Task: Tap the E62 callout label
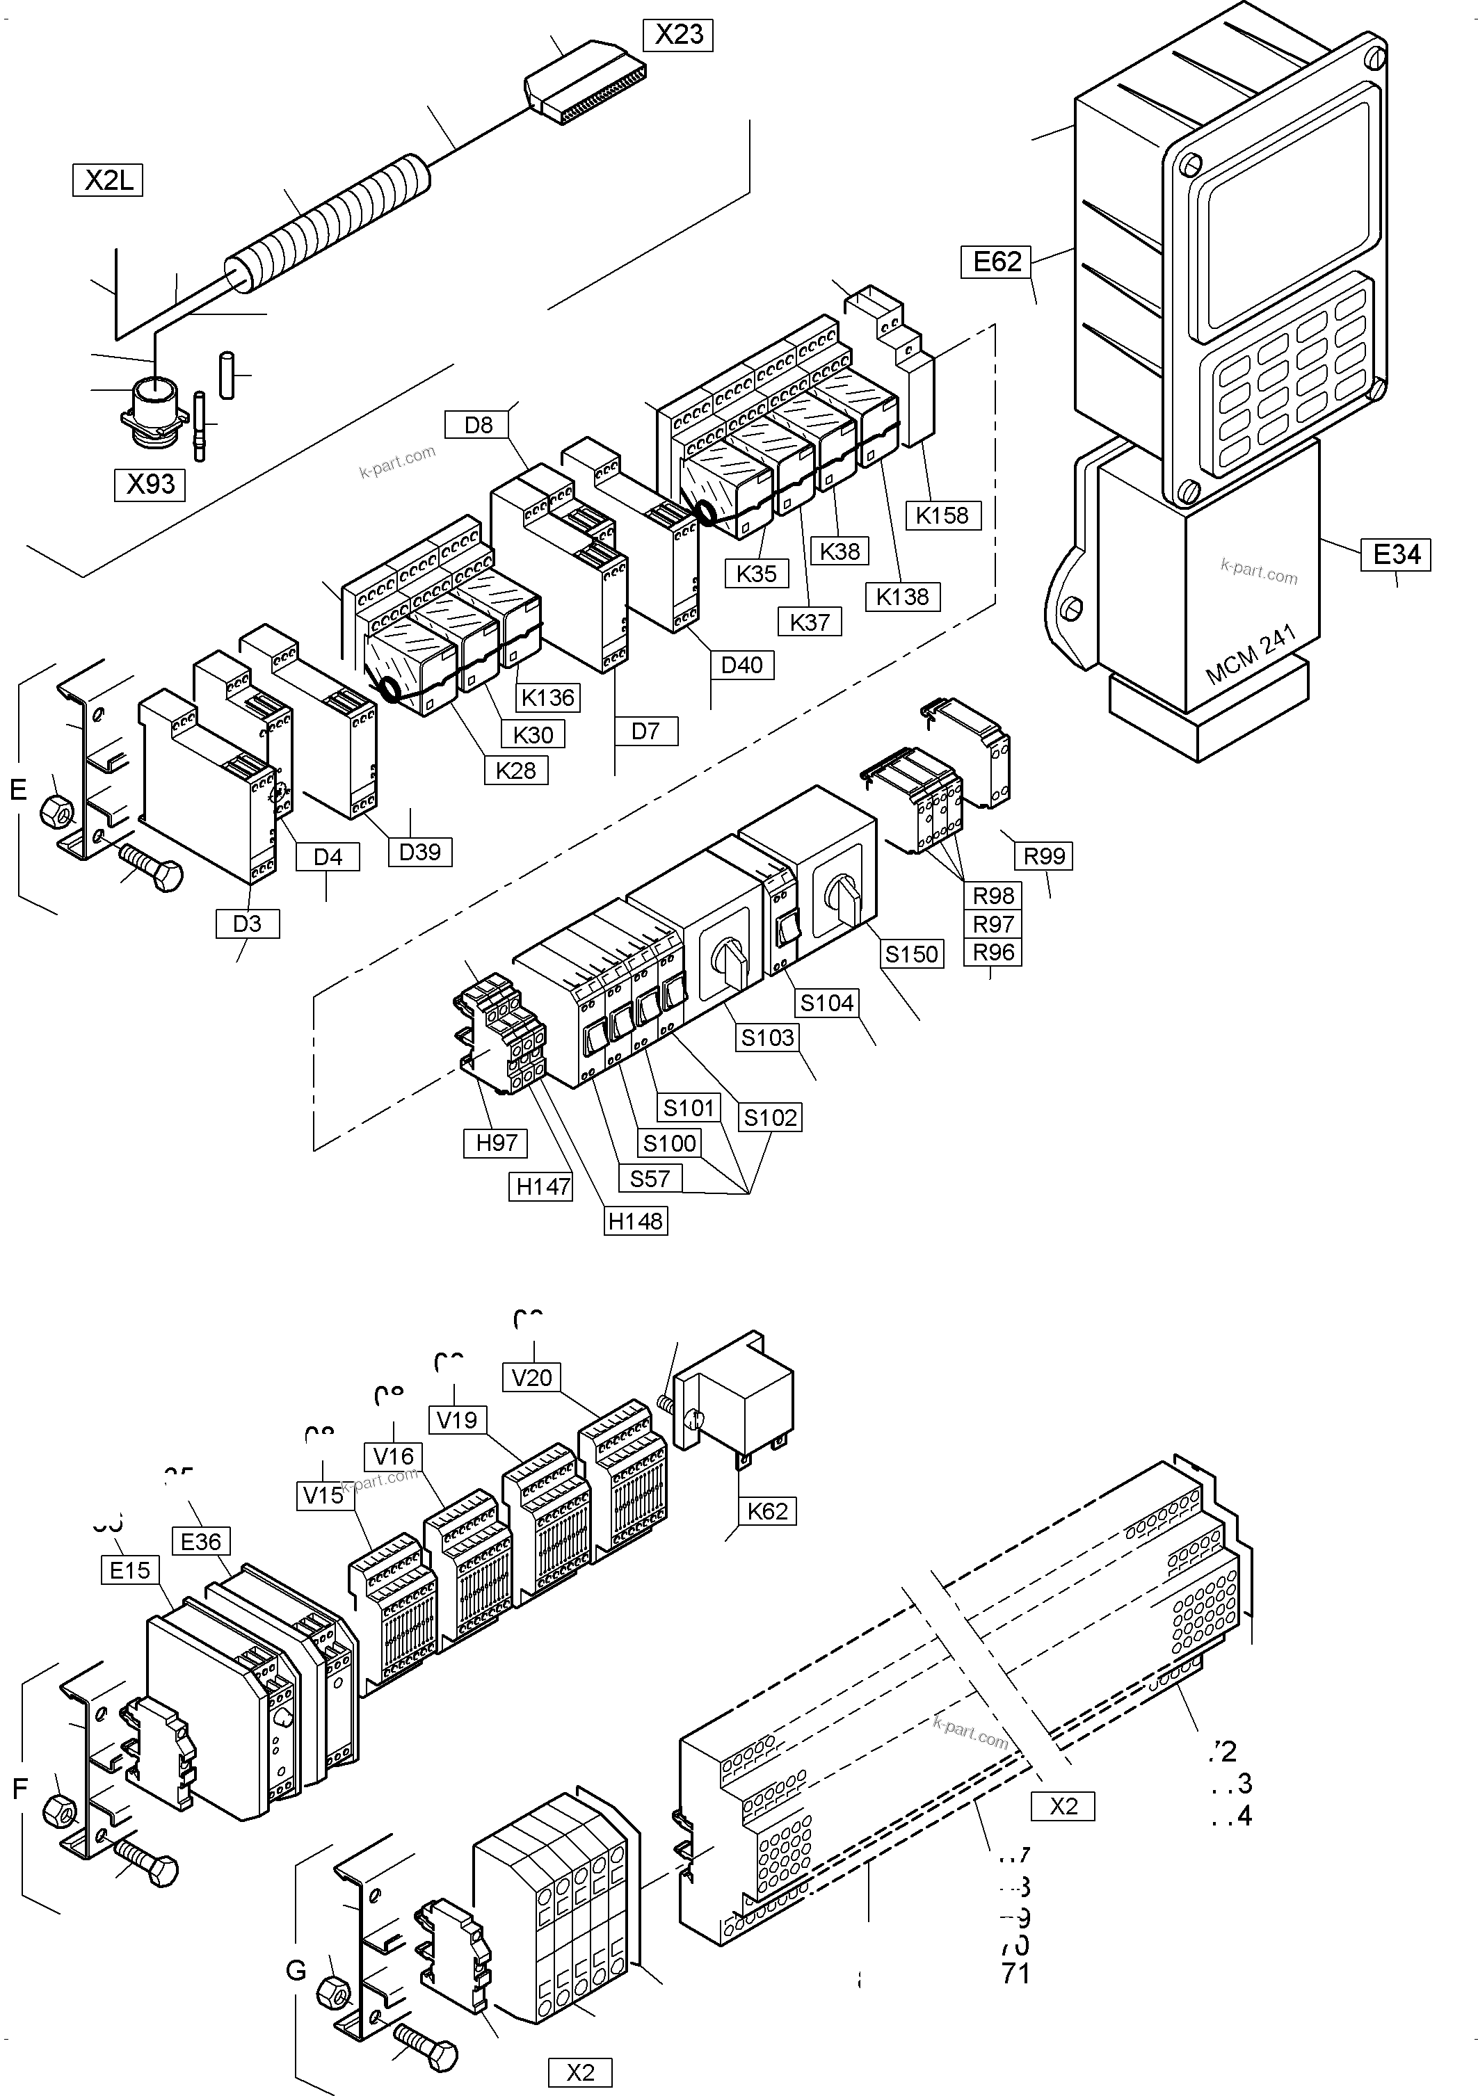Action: pos(996,262)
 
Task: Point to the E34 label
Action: pos(1396,554)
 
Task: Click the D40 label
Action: pos(741,665)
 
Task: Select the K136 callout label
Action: pos(548,698)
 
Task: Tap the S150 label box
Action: pos(911,954)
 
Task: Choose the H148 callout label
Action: pos(636,1220)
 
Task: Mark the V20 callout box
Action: pos(532,1377)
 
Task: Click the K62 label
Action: pos(767,1511)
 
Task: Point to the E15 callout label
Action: pos(129,1570)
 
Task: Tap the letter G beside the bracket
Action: pos(296,1971)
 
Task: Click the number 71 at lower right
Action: pos(1015,1973)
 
